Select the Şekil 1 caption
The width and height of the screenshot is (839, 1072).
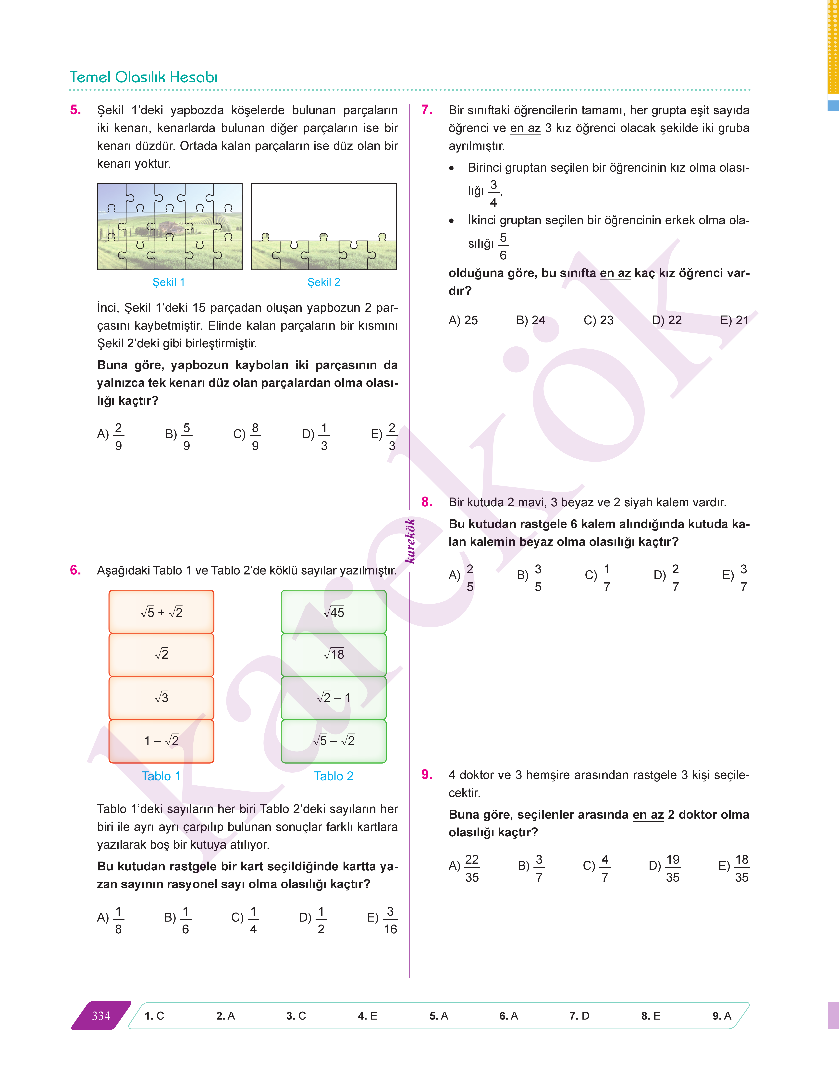click(169, 282)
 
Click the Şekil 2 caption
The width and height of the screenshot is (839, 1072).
click(324, 282)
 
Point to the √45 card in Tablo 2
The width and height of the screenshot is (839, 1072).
click(333, 612)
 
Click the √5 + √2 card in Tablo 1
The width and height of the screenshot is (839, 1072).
click(161, 612)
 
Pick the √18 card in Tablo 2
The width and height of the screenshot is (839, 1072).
click(333, 654)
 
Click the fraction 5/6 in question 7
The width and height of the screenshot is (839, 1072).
click(503, 246)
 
